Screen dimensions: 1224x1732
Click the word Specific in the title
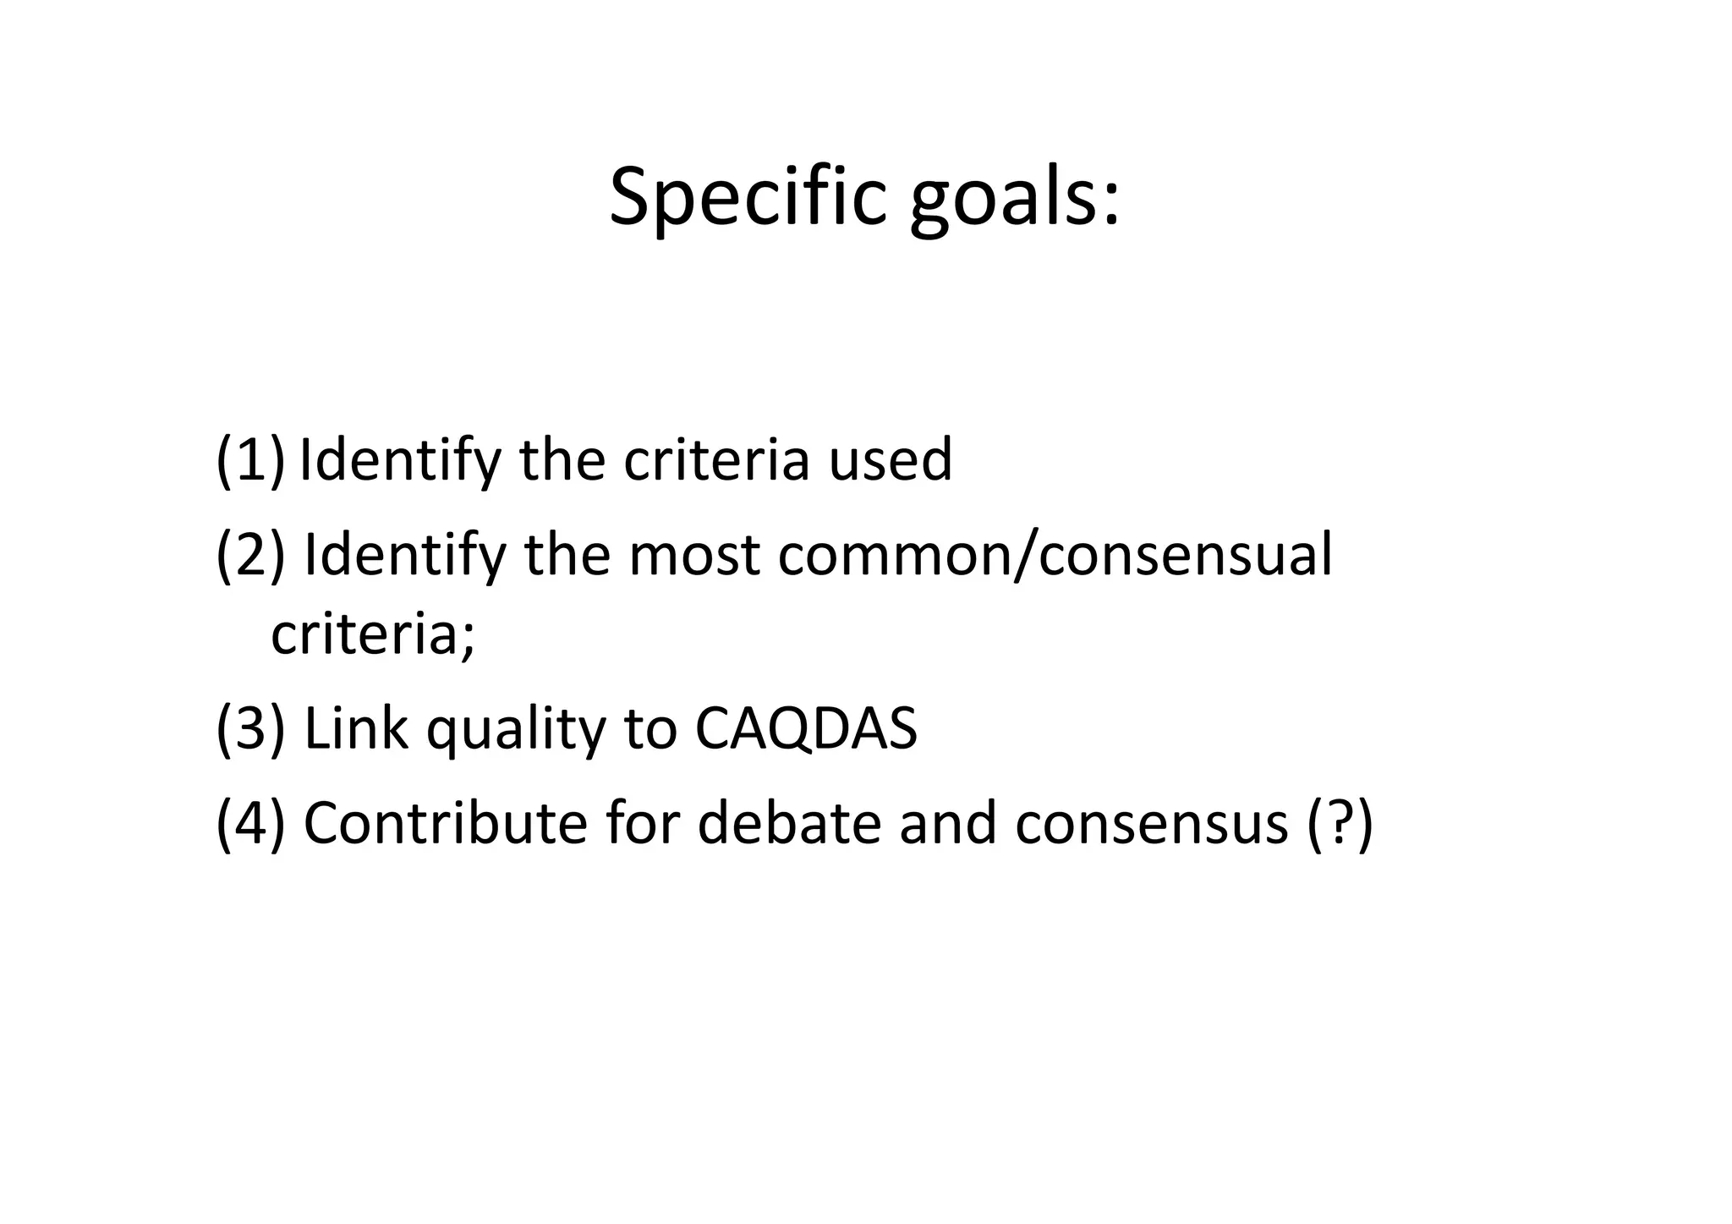coord(748,197)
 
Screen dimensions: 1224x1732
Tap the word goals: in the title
coord(1014,201)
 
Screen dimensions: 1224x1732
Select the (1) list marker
coord(250,460)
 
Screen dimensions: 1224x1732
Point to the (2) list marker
coord(250,555)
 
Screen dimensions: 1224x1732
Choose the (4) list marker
coord(250,822)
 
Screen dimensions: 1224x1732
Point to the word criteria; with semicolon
coord(373,634)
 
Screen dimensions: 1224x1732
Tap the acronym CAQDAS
coord(806,729)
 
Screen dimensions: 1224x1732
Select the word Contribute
coord(445,822)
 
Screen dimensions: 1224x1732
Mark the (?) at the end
coord(1340,824)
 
